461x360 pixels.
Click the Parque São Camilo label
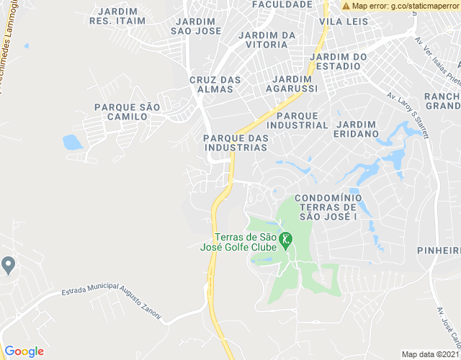tap(127, 112)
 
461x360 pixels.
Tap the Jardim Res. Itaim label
tap(117, 17)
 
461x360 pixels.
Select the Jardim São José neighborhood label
tap(197, 26)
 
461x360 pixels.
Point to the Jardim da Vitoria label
tap(267, 40)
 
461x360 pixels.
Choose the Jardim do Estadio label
tap(338, 61)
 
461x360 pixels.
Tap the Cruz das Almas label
tap(211, 84)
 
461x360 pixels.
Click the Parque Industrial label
tap(302, 120)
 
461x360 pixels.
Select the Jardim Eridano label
tap(356, 129)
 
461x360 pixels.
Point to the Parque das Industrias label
tap(236, 143)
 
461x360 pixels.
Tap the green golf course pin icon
tap(286, 239)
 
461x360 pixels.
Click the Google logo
tap(24, 351)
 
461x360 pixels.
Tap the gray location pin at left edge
tap(8, 265)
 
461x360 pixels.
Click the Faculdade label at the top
tap(282, 4)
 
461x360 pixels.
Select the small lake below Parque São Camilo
tap(73, 142)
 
